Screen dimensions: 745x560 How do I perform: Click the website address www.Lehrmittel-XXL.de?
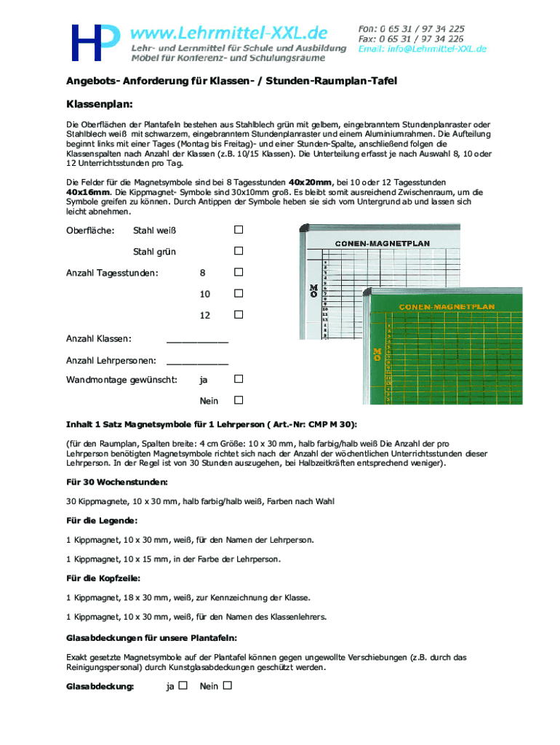228,33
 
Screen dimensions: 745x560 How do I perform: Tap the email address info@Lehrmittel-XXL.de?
423,49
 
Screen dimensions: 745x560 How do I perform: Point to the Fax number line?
411,39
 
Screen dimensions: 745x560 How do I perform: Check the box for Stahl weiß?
238,231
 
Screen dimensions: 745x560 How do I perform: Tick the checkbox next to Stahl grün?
238,252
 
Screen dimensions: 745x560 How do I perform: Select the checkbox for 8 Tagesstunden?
238,273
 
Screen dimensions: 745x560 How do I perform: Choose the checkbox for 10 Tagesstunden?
238,294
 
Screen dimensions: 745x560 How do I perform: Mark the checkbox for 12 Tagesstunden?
238,315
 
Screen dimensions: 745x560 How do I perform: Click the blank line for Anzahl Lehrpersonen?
197,361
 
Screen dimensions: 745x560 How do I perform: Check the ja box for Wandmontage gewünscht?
238,379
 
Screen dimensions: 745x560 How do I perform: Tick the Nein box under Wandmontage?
238,400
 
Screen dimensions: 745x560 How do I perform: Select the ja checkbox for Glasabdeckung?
183,685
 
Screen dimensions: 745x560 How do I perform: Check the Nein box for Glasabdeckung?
228,685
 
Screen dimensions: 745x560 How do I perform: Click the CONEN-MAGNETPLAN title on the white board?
382,243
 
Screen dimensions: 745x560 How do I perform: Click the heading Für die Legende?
102,520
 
